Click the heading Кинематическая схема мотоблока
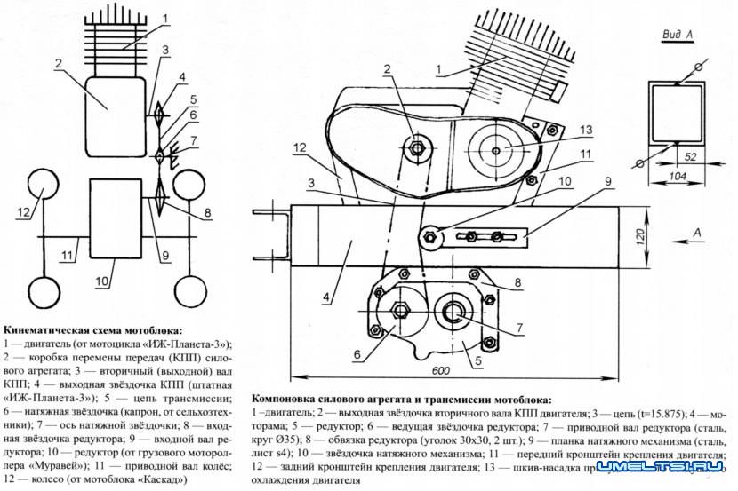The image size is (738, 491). [92, 329]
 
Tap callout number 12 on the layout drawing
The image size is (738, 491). [301, 147]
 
